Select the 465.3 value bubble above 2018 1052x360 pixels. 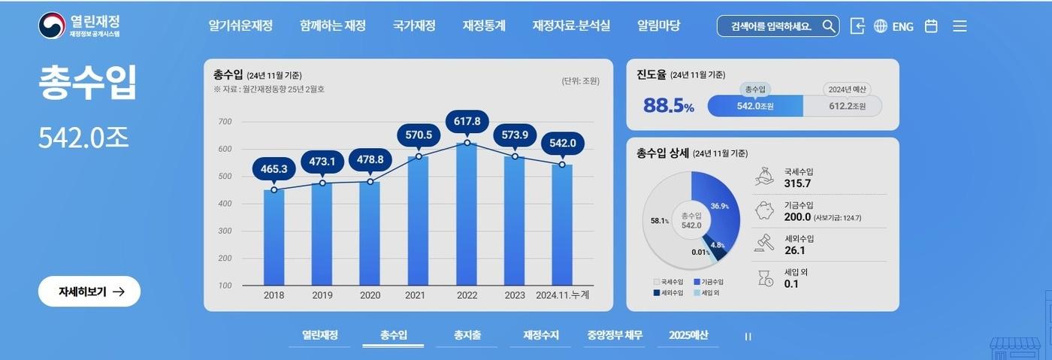tap(274, 169)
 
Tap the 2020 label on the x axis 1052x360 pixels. tap(370, 295)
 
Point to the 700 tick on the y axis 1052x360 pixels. tap(225, 122)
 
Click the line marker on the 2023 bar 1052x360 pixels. tap(515, 156)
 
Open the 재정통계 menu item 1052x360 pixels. tap(484, 26)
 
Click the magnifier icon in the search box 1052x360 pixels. tap(828, 26)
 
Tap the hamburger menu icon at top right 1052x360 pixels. tap(960, 26)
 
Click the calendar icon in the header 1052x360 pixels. tap(931, 26)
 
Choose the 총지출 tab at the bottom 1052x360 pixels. tap(467, 335)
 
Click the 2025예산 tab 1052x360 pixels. tap(688, 335)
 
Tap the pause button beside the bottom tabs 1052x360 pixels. tap(748, 337)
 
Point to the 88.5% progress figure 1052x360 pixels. tap(668, 106)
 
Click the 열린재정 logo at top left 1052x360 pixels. tap(80, 26)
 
